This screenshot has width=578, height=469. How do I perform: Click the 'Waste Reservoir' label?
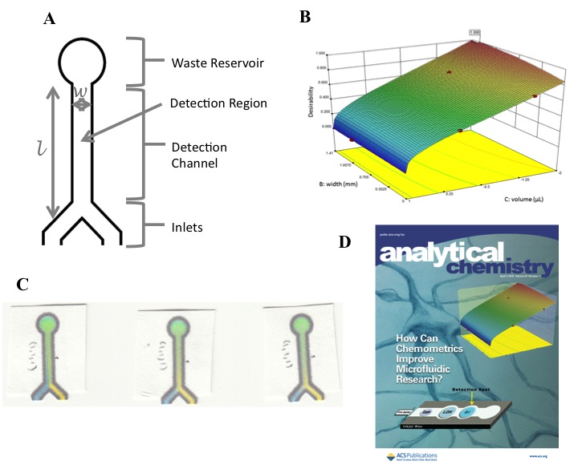[223, 63]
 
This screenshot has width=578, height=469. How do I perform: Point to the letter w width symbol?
[80, 91]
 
